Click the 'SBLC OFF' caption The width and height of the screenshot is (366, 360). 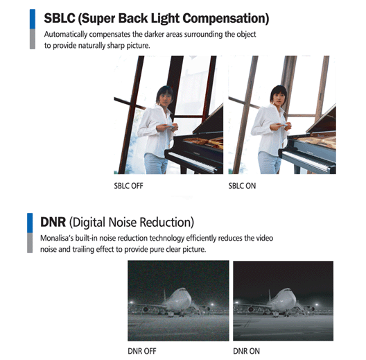pos(128,186)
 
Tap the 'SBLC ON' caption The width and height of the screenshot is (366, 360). pos(242,186)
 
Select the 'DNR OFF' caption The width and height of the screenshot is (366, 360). pos(142,351)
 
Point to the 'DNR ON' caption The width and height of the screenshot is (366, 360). pos(246,351)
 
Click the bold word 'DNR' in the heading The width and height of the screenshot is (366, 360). pos(53,222)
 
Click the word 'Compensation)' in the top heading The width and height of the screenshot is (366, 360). pos(226,19)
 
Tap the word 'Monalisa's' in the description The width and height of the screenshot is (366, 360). pos(56,238)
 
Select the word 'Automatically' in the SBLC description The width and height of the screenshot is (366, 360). pos(66,35)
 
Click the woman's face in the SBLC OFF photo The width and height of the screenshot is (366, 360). pos(165,98)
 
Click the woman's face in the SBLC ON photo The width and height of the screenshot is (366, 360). pos(279,98)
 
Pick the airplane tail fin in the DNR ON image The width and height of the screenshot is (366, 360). pos(270,295)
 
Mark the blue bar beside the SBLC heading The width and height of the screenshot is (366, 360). pos(33,19)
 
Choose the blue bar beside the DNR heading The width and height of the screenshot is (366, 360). pos(30,223)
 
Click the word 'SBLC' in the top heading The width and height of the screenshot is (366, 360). pos(60,18)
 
